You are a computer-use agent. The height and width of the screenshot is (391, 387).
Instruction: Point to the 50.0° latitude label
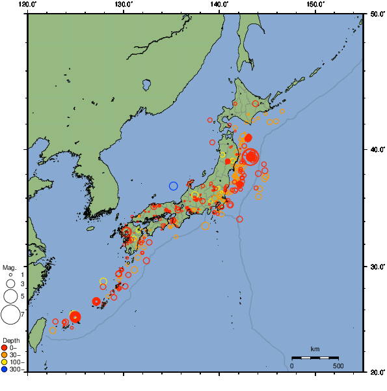tap(375, 13)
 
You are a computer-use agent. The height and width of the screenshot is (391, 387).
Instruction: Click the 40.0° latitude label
tap(375, 149)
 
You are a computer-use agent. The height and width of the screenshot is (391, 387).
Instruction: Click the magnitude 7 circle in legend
tap(10, 315)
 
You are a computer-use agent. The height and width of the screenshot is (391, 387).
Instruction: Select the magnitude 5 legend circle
tap(10, 297)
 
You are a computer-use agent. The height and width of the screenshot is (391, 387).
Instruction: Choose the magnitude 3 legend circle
tap(10, 284)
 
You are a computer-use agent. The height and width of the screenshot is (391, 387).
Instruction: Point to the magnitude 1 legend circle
tap(10, 275)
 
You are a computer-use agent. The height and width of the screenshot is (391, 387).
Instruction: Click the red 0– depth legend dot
tap(5, 347)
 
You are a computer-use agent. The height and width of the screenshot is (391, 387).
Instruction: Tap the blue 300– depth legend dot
tap(5, 369)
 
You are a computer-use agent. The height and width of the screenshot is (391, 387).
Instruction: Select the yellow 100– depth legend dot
tap(5, 362)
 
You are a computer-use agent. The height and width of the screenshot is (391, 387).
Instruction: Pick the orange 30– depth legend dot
tap(5, 355)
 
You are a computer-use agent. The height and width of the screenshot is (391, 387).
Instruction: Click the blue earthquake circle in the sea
tap(174, 186)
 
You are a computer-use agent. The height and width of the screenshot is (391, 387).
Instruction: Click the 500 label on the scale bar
tap(338, 366)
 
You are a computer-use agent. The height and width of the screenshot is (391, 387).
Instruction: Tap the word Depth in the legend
tap(11, 340)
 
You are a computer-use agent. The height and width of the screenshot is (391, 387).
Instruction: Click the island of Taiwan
tap(37, 329)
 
